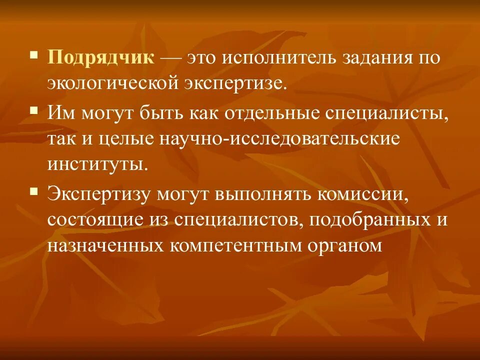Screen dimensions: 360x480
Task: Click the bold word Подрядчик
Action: click(x=101, y=57)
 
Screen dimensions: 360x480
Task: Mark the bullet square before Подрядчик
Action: click(x=33, y=53)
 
